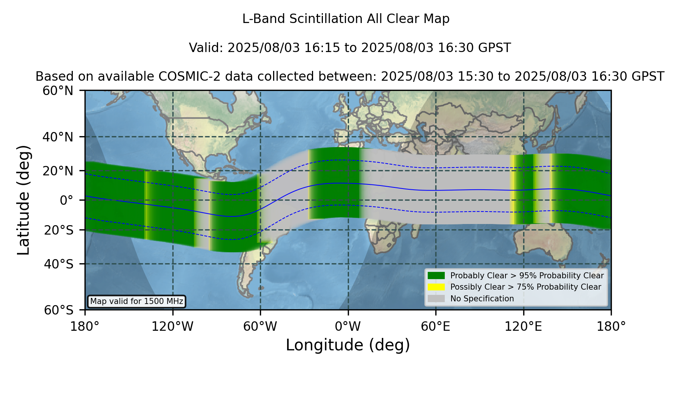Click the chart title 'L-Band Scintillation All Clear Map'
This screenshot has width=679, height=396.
click(346, 19)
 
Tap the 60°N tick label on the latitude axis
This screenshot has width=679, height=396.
click(58, 91)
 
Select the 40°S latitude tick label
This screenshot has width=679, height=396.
click(59, 264)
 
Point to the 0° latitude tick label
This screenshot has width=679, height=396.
click(67, 200)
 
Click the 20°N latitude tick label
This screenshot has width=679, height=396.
click(58, 171)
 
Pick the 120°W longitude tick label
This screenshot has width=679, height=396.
click(172, 326)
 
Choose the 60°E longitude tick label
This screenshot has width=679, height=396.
click(436, 326)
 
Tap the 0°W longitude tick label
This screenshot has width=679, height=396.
click(348, 326)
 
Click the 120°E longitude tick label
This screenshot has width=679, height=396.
click(523, 326)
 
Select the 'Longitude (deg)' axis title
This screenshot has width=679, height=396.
click(348, 345)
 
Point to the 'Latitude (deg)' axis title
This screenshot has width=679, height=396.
click(23, 200)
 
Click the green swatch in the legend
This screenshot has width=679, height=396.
click(436, 276)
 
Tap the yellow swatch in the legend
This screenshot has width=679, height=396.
click(436, 287)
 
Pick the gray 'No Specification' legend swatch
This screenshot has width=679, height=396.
click(436, 299)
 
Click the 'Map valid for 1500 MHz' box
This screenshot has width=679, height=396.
click(137, 301)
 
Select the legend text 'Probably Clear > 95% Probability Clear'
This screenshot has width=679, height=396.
click(527, 276)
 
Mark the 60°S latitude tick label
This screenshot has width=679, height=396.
click(59, 310)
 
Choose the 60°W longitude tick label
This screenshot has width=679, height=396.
click(260, 326)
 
